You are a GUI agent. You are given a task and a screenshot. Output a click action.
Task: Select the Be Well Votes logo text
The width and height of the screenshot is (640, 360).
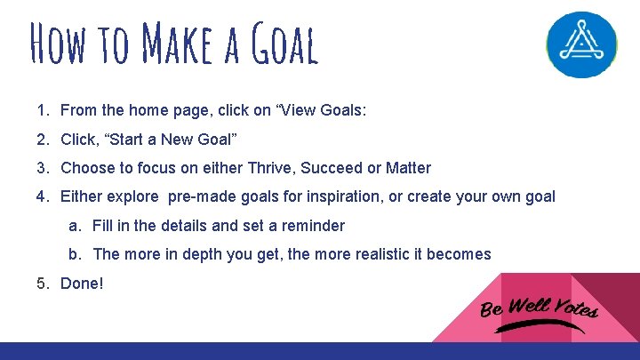click(540, 308)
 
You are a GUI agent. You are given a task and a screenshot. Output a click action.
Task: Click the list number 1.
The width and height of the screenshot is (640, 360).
click(43, 111)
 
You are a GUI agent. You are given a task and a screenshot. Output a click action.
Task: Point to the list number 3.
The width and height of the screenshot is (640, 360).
click(43, 168)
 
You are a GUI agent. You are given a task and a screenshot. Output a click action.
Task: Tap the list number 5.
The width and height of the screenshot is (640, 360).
click(43, 284)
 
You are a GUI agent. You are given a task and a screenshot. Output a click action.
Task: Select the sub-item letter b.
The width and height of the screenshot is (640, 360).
click(74, 254)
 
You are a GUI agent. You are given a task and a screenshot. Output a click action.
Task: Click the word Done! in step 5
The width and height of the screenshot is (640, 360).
click(82, 284)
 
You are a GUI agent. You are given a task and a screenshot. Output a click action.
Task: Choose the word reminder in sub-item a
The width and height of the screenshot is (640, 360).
click(313, 226)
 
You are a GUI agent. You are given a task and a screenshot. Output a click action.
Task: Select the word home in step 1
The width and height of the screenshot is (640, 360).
click(147, 111)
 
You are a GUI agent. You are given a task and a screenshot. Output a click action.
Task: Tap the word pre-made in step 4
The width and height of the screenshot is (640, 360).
click(200, 196)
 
